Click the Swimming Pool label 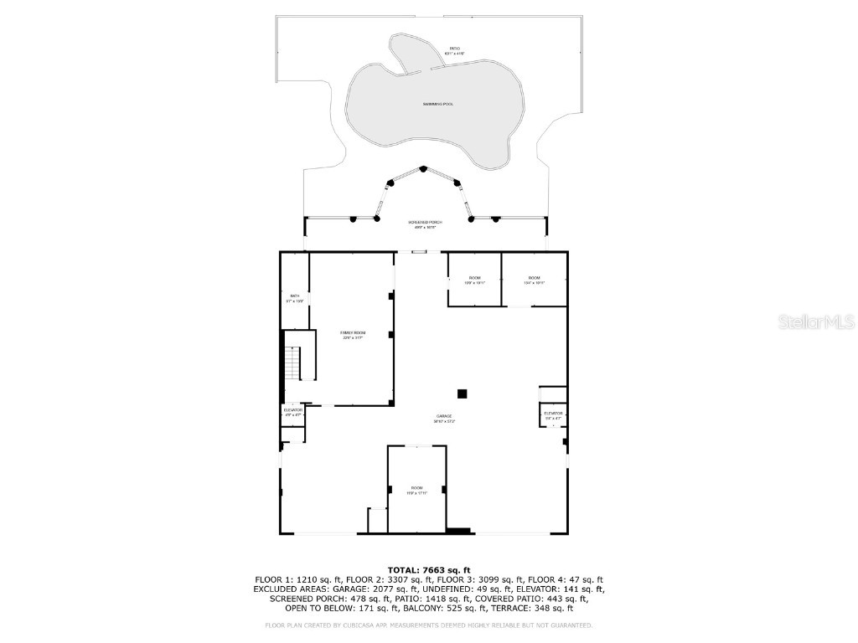click(x=437, y=104)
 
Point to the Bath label click(x=294, y=297)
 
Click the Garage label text click(x=443, y=418)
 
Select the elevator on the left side click(x=292, y=412)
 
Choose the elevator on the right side click(x=553, y=415)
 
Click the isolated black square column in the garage click(x=462, y=394)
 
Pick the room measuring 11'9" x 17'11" click(x=417, y=490)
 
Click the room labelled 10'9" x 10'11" click(x=474, y=280)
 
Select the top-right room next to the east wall click(x=534, y=280)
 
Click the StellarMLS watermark click(x=815, y=321)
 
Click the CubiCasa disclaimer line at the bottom click(x=428, y=625)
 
